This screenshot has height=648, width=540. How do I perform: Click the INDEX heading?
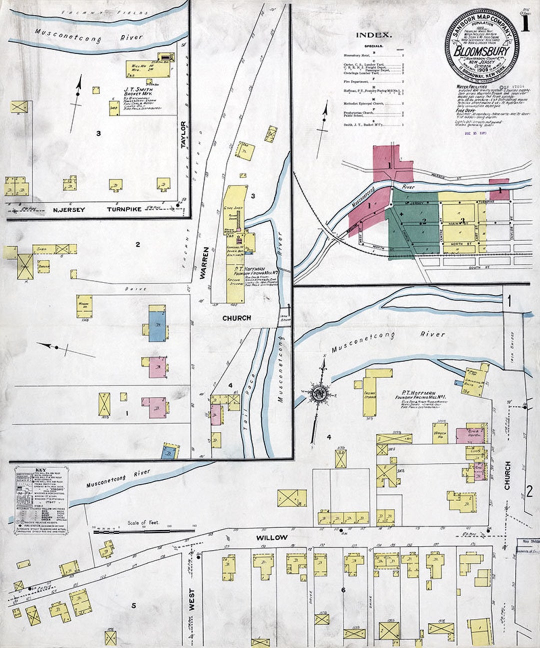coord(373,35)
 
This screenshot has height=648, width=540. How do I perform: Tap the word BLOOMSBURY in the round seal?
coord(482,52)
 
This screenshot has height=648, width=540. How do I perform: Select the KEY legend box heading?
coord(40,470)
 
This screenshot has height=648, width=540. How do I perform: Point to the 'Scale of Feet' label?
coord(143,522)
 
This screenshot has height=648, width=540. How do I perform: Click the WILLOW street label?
coord(271,537)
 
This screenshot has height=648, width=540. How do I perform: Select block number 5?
coord(133,606)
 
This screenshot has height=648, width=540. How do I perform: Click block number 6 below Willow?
coord(343,590)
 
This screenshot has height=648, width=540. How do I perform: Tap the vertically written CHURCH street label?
coord(507,475)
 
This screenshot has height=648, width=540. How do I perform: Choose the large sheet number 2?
coord(529,491)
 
